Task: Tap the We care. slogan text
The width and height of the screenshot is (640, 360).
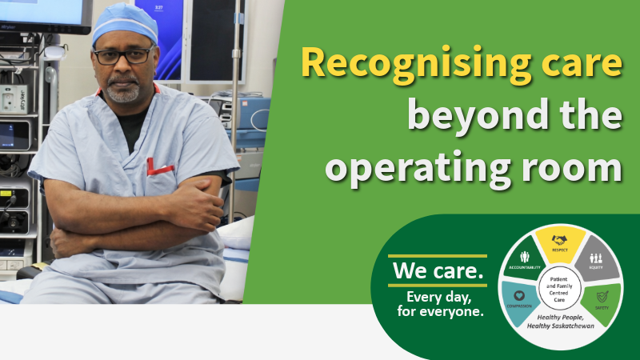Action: pos(438,271)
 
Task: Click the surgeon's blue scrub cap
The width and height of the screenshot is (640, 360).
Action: pos(126,25)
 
